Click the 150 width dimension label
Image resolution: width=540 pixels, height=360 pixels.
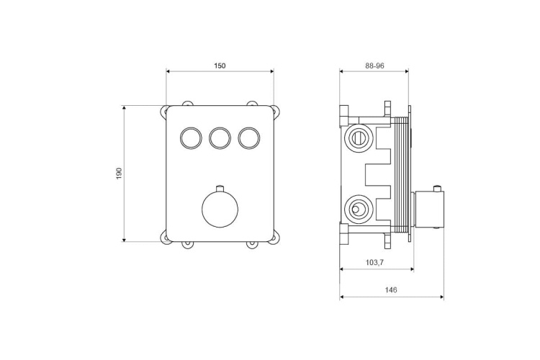tap(220, 66)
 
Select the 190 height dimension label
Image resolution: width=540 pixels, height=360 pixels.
tap(120, 174)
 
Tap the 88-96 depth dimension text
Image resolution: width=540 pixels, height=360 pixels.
tap(374, 66)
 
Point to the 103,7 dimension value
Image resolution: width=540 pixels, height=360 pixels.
tap(375, 263)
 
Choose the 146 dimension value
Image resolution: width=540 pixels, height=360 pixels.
tap(391, 290)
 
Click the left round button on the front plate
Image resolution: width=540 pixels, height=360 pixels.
tap(191, 138)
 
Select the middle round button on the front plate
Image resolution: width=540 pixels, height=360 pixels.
tap(220, 138)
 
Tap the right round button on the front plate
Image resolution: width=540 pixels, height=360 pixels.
tap(248, 138)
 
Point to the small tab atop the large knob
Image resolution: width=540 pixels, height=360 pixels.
tap(220, 189)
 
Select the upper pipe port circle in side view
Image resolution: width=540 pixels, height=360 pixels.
tap(356, 136)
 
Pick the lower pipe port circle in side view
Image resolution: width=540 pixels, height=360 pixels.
tap(356, 210)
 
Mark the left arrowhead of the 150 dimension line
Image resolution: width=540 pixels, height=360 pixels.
tap(169, 71)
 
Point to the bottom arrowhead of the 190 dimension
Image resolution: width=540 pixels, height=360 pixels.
tap(125, 239)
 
